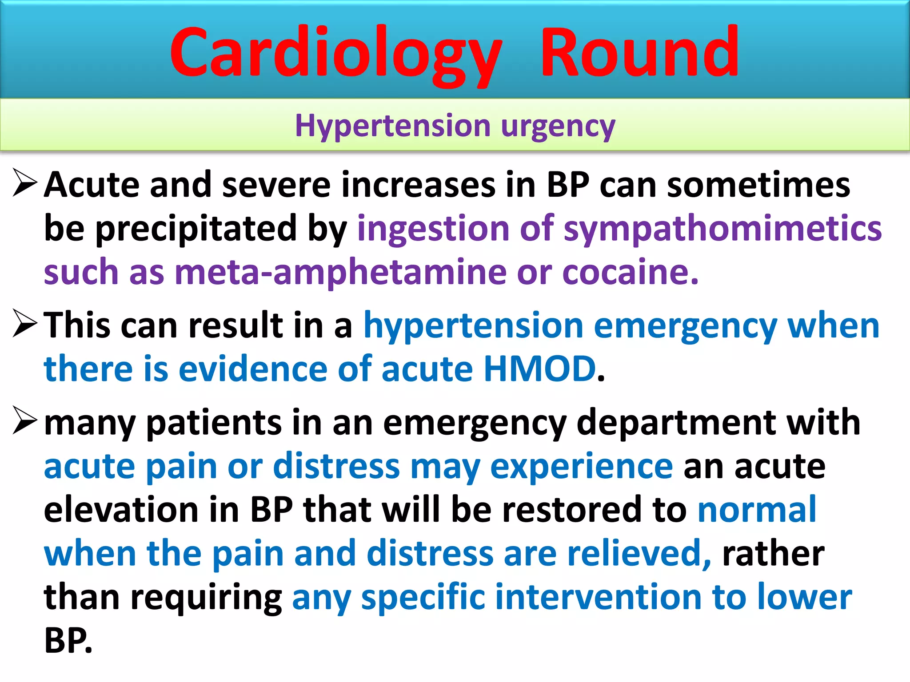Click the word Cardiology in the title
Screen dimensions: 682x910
[335, 53]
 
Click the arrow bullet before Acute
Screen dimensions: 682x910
[24, 183]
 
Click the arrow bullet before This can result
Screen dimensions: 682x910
[24, 323]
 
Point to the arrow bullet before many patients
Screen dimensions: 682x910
[24, 420]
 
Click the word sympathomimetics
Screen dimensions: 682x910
[722, 229]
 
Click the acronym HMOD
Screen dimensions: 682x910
[539, 369]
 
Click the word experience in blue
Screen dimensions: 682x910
[581, 466]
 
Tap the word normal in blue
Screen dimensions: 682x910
[757, 510]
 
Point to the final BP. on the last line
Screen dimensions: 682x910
[68, 640]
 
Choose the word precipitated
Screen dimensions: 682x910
[196, 229]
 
